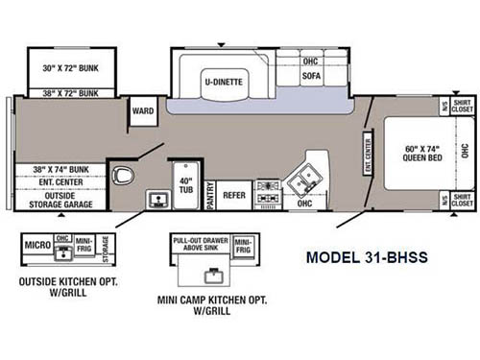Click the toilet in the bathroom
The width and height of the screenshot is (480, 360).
122,176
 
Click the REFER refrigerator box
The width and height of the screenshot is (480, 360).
234,194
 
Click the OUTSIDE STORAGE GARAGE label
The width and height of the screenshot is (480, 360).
66,199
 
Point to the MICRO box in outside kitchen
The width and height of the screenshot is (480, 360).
36,246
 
